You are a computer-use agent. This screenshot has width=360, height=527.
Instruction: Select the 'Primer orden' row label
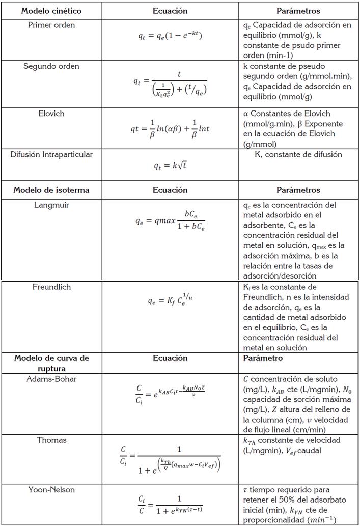point(51,25)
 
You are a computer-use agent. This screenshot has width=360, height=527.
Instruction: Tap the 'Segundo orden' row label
point(51,66)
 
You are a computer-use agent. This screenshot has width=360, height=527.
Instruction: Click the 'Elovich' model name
point(51,113)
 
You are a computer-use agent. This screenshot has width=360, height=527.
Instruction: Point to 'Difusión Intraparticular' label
point(51,154)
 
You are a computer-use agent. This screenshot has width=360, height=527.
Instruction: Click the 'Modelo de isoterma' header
point(51,190)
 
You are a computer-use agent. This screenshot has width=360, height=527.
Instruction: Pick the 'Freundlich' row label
point(51,287)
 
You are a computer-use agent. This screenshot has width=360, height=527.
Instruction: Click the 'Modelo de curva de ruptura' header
point(51,363)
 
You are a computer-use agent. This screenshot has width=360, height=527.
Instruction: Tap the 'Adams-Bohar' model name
point(51,378)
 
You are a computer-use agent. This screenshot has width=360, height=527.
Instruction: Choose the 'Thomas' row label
point(51,440)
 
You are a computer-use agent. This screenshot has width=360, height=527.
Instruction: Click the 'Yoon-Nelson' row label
point(51,489)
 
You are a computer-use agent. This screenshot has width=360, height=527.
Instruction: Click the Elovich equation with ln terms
point(170,128)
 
